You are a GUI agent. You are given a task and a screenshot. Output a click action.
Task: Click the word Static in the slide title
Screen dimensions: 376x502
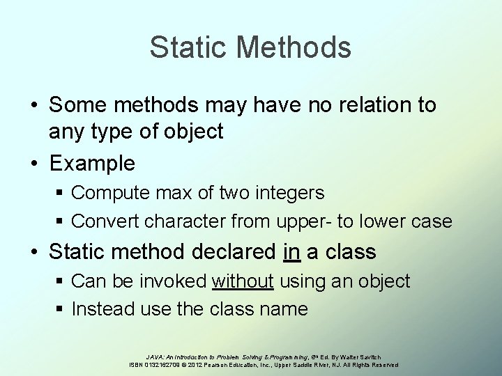pos(190,47)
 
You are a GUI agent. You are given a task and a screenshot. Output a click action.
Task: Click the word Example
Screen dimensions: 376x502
pos(93,164)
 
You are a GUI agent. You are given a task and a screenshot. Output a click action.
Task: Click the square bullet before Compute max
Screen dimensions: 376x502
pos(59,191)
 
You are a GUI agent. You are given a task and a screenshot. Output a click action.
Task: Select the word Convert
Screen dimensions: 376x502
pos(106,221)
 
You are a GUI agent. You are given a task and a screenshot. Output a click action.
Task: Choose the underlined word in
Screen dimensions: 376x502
pos(291,251)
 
